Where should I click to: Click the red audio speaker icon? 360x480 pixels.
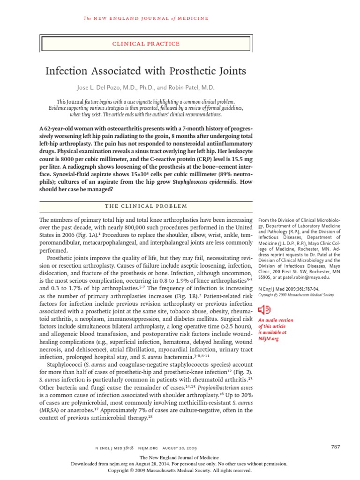coord(265,310)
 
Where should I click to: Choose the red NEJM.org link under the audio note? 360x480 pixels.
coord(269,339)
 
